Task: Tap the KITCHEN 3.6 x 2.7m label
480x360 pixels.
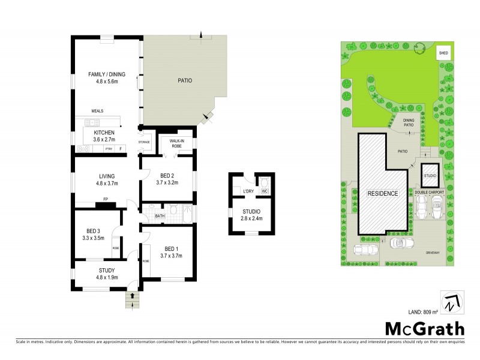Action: pos(104,136)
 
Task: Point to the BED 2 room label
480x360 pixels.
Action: pos(167,178)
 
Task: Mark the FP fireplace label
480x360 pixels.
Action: pos(106,199)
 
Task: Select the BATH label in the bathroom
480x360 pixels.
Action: pos(160,215)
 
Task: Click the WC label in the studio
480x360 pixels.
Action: pos(263,191)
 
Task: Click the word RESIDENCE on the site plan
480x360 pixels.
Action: pos(383,194)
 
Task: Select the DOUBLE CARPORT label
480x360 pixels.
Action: pos(428,192)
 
